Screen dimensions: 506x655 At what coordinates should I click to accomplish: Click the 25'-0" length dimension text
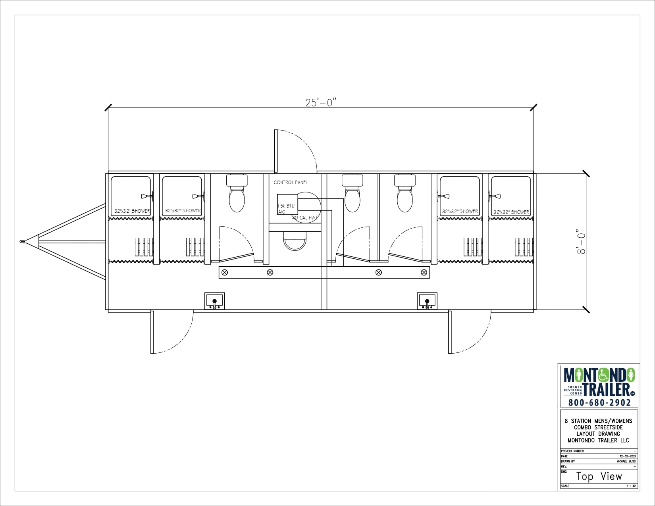[321, 102]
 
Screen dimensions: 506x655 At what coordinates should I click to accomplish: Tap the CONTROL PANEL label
[291, 183]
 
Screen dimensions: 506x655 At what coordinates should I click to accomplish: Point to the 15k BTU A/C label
[286, 209]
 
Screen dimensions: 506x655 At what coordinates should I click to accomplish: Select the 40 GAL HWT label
[305, 218]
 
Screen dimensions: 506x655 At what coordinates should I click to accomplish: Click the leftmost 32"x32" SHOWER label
[132, 211]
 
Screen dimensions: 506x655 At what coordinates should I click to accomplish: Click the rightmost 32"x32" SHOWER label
[511, 212]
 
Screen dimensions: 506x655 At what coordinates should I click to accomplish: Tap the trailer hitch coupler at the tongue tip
[23, 241]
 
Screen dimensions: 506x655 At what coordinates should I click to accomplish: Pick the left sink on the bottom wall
[214, 301]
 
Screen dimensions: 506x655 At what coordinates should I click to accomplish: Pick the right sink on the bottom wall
[427, 301]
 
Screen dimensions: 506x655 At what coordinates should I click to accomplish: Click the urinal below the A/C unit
[295, 240]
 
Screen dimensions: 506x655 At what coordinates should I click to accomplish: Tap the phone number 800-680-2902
[599, 402]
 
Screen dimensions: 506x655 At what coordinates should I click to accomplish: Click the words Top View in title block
[599, 476]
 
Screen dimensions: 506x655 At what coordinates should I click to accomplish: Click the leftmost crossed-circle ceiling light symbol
[225, 272]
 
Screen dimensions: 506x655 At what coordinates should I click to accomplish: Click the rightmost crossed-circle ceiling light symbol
[424, 272]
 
